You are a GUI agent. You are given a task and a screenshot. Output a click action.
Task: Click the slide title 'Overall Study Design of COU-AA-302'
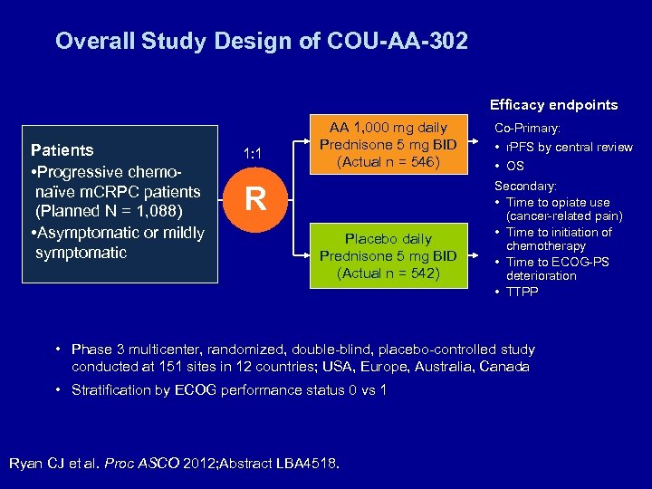(x=261, y=42)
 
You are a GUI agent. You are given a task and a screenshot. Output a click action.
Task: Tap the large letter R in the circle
(x=256, y=199)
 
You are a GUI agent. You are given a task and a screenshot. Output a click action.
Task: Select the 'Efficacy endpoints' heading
(x=553, y=105)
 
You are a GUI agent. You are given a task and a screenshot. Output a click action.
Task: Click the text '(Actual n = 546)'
(x=388, y=162)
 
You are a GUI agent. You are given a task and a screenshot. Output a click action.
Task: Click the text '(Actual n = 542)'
(x=388, y=273)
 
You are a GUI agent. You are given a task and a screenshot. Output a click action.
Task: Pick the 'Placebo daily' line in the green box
(x=388, y=239)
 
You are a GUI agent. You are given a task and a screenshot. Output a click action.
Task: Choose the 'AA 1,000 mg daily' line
(x=388, y=128)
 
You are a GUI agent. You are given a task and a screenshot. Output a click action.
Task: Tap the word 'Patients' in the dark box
(x=62, y=149)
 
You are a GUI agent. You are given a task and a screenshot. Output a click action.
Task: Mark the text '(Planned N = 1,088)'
(x=109, y=211)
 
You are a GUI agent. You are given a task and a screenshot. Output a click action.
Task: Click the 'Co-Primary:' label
(x=527, y=129)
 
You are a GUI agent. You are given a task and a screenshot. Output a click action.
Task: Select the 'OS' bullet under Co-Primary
(x=514, y=166)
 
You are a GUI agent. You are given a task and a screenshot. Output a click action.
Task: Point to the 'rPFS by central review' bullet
(x=569, y=147)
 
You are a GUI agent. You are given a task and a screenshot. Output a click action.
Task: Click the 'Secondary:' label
(x=524, y=186)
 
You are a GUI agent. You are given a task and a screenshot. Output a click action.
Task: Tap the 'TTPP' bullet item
(x=523, y=292)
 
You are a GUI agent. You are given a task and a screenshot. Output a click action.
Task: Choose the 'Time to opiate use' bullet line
(x=558, y=203)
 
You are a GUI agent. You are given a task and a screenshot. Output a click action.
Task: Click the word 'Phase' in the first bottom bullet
(x=91, y=350)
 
